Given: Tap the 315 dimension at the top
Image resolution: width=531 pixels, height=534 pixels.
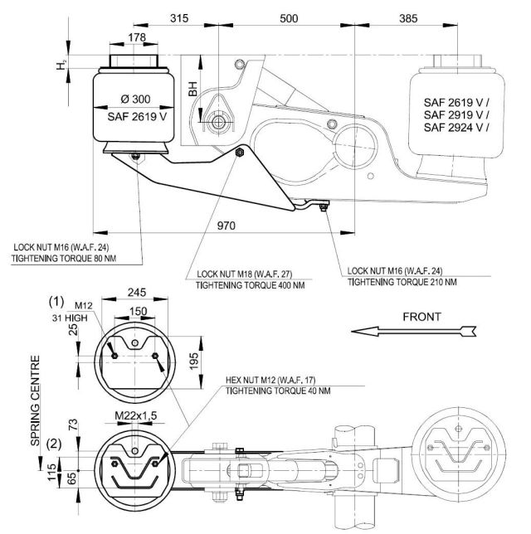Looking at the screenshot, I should pos(180,18).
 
